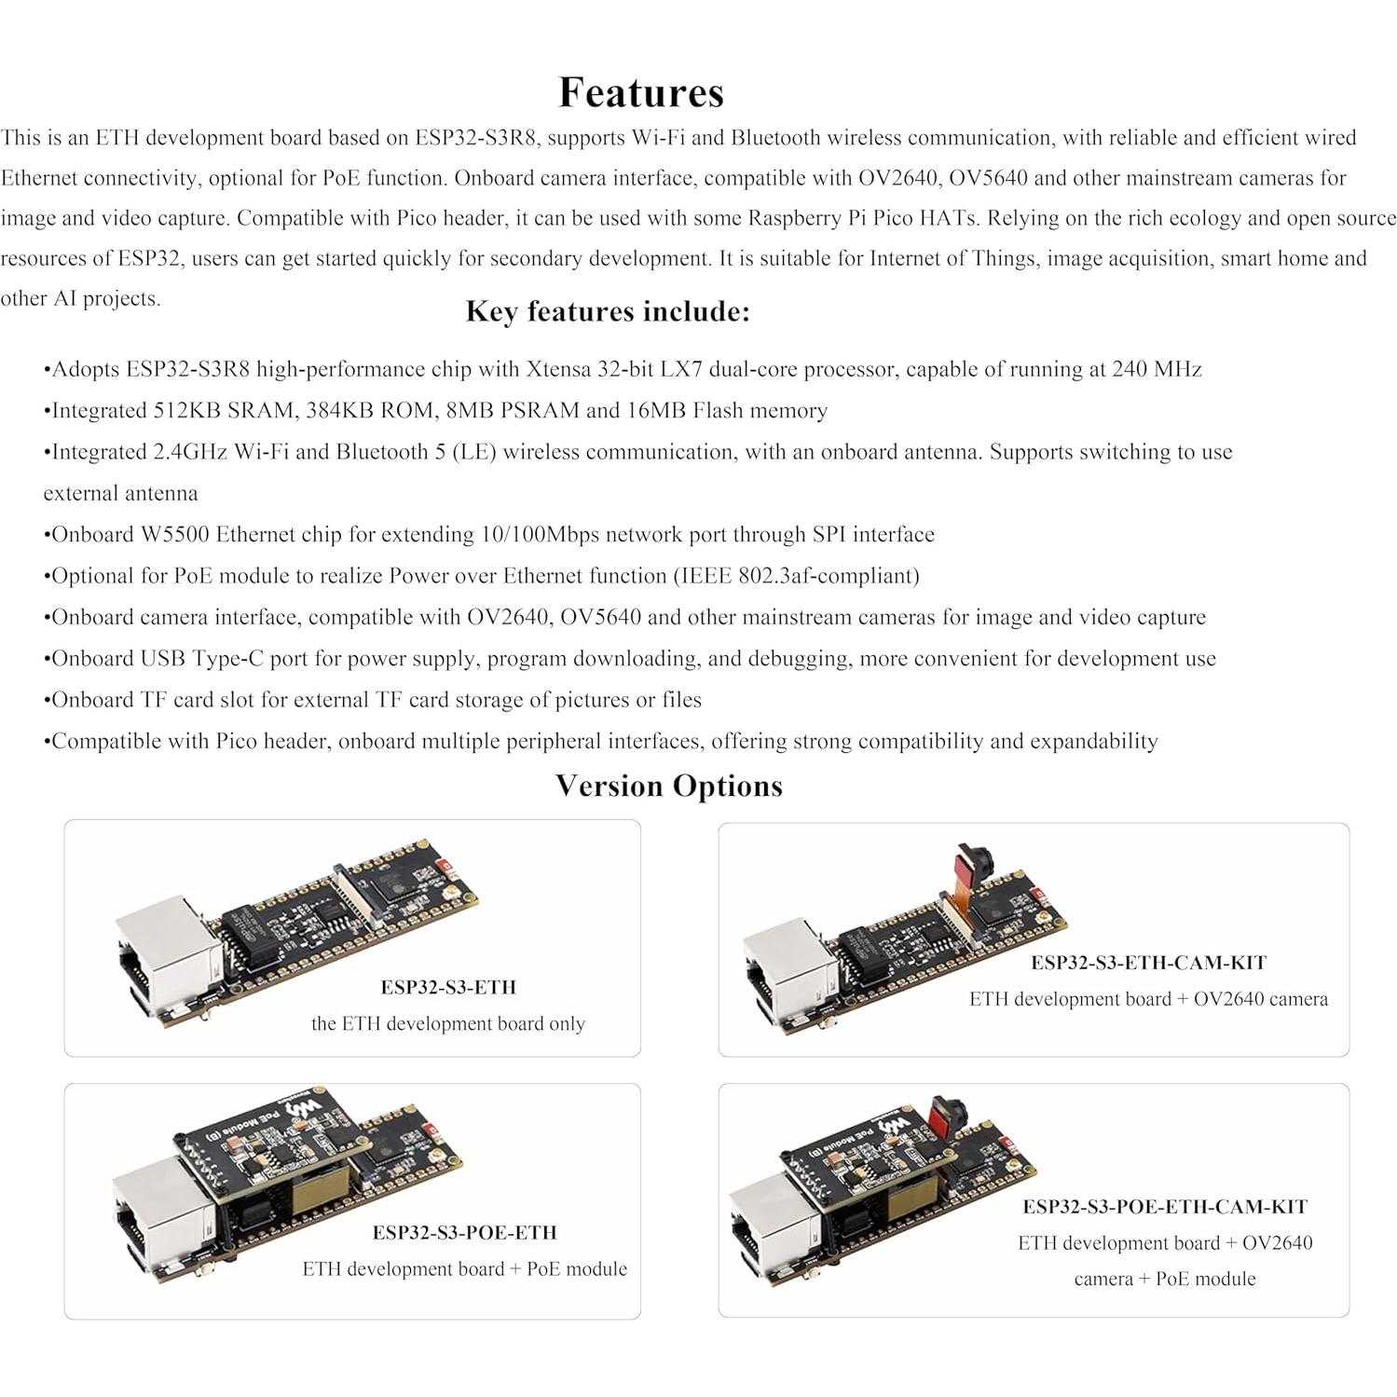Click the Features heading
point(641,92)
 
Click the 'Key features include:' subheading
point(608,311)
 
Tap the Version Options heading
point(668,786)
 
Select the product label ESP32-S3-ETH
point(447,987)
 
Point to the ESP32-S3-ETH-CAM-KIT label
point(1148,963)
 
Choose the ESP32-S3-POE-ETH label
point(464,1232)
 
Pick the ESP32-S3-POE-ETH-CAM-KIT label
point(1165,1207)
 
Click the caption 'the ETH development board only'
point(447,1023)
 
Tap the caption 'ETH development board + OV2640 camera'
point(1148,999)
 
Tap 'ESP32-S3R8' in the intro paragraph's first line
point(475,138)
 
